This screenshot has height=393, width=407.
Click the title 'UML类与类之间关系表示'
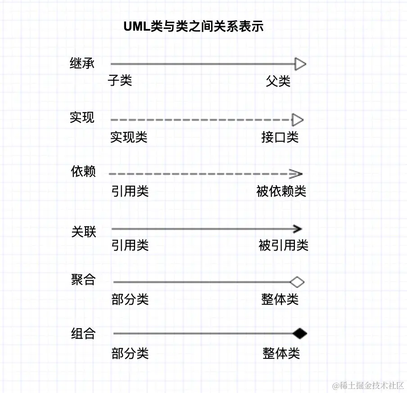[193, 27]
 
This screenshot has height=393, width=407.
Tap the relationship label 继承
[82, 64]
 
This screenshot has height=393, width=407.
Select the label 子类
[120, 81]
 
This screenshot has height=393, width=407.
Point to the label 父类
[278, 81]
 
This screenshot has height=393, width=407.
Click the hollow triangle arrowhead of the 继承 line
[300, 64]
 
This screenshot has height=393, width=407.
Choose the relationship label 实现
[82, 117]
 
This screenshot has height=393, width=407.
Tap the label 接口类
[280, 137]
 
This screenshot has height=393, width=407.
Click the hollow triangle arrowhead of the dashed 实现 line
[298, 120]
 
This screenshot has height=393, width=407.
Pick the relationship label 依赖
[83, 172]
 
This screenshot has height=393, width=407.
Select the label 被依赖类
[281, 192]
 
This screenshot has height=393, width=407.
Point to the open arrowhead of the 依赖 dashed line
[297, 174]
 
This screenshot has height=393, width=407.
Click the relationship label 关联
[83, 232]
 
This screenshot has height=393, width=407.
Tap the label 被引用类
[283, 246]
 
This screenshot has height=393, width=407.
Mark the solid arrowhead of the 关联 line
[297, 229]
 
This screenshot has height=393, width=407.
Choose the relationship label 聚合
[83, 279]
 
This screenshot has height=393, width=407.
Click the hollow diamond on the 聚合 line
[297, 283]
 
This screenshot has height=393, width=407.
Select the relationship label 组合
[83, 334]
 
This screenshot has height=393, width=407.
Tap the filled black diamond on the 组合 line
[299, 334]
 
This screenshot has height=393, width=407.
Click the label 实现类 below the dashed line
[129, 137]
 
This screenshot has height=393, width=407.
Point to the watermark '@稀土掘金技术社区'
[368, 386]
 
